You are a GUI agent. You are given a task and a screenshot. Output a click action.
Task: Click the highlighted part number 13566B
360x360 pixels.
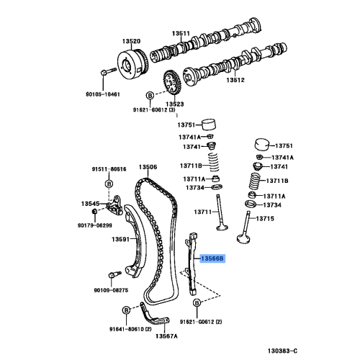pos(212,257)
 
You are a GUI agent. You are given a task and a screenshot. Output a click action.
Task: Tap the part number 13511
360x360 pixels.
pos(180,34)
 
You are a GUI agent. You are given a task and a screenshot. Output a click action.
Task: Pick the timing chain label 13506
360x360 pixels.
pos(148,167)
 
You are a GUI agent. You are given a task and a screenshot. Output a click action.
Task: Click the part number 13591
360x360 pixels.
pos(120,240)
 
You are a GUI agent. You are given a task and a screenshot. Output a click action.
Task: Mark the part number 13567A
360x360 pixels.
pos(167,336)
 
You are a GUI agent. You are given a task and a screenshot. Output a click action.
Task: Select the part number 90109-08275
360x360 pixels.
pos(110,290)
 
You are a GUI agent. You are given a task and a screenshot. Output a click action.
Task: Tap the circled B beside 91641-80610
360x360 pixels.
pos(125,310)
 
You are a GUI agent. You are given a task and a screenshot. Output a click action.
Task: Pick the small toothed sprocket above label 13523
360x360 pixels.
pos(171,81)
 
